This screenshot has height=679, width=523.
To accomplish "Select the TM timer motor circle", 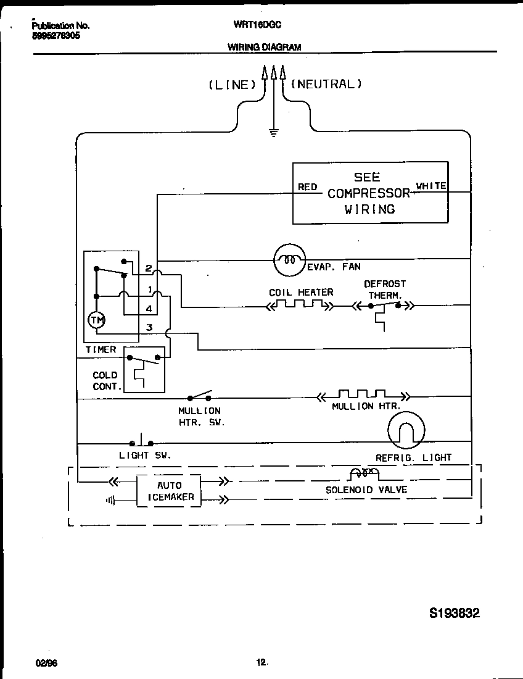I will (96, 319).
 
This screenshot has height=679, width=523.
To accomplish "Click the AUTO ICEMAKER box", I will (168, 491).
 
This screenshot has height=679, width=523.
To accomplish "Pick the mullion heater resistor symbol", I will (362, 395).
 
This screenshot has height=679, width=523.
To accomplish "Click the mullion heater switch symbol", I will (200, 395).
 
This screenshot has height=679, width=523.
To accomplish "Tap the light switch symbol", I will (142, 442).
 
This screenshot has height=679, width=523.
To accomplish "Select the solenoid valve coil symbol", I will (363, 474).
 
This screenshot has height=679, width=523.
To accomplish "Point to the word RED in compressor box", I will (307, 187).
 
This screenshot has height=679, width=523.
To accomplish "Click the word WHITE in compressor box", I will (431, 186).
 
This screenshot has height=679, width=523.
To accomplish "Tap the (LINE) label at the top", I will (232, 85).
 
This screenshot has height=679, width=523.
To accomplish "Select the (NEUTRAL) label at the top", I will (326, 84).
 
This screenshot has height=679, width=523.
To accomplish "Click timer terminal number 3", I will (149, 327).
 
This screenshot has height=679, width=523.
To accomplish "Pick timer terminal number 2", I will (149, 268).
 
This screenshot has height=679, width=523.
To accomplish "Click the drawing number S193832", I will (454, 613).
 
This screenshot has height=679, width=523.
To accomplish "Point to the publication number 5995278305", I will (56, 36).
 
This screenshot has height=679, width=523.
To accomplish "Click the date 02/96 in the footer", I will (46, 662).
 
